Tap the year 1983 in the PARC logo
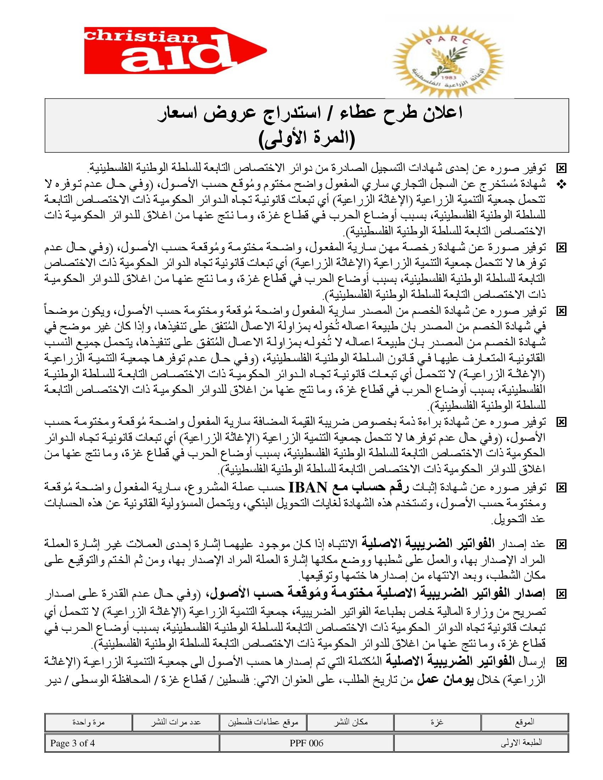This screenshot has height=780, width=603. [447, 78]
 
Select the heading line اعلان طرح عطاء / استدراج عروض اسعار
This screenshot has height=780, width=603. [310, 113]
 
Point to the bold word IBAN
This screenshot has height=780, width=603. [308, 487]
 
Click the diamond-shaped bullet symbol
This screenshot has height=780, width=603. [561, 185]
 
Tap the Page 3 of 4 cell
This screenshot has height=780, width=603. [72, 743]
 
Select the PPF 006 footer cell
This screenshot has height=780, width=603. [306, 743]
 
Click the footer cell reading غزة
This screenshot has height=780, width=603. [437, 722]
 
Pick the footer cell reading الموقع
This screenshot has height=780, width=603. [524, 722]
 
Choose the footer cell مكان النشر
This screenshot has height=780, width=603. [350, 722]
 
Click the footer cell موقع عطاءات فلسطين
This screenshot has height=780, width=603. [263, 722]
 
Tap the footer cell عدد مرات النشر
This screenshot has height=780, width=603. [176, 722]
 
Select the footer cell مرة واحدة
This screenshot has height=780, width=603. [88, 722]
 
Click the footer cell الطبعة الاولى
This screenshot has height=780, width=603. [521, 743]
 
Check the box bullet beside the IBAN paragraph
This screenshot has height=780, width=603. [561, 487]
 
